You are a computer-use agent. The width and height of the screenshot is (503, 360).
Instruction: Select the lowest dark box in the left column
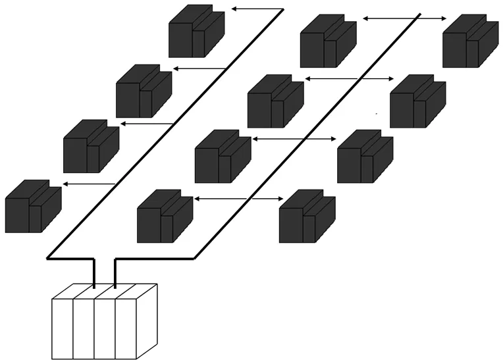click(32, 206)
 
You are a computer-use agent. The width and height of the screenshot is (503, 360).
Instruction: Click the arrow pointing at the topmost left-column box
click(257, 9)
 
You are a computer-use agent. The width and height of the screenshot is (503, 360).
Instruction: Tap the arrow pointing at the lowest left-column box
click(88, 184)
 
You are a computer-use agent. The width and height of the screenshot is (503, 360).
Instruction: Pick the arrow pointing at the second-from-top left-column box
click(199, 68)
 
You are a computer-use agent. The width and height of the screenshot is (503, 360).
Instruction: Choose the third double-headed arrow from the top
click(294, 139)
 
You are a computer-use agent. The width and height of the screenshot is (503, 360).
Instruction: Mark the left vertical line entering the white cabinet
click(94, 272)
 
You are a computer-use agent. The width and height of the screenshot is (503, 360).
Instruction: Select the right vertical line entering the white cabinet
click(115, 272)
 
